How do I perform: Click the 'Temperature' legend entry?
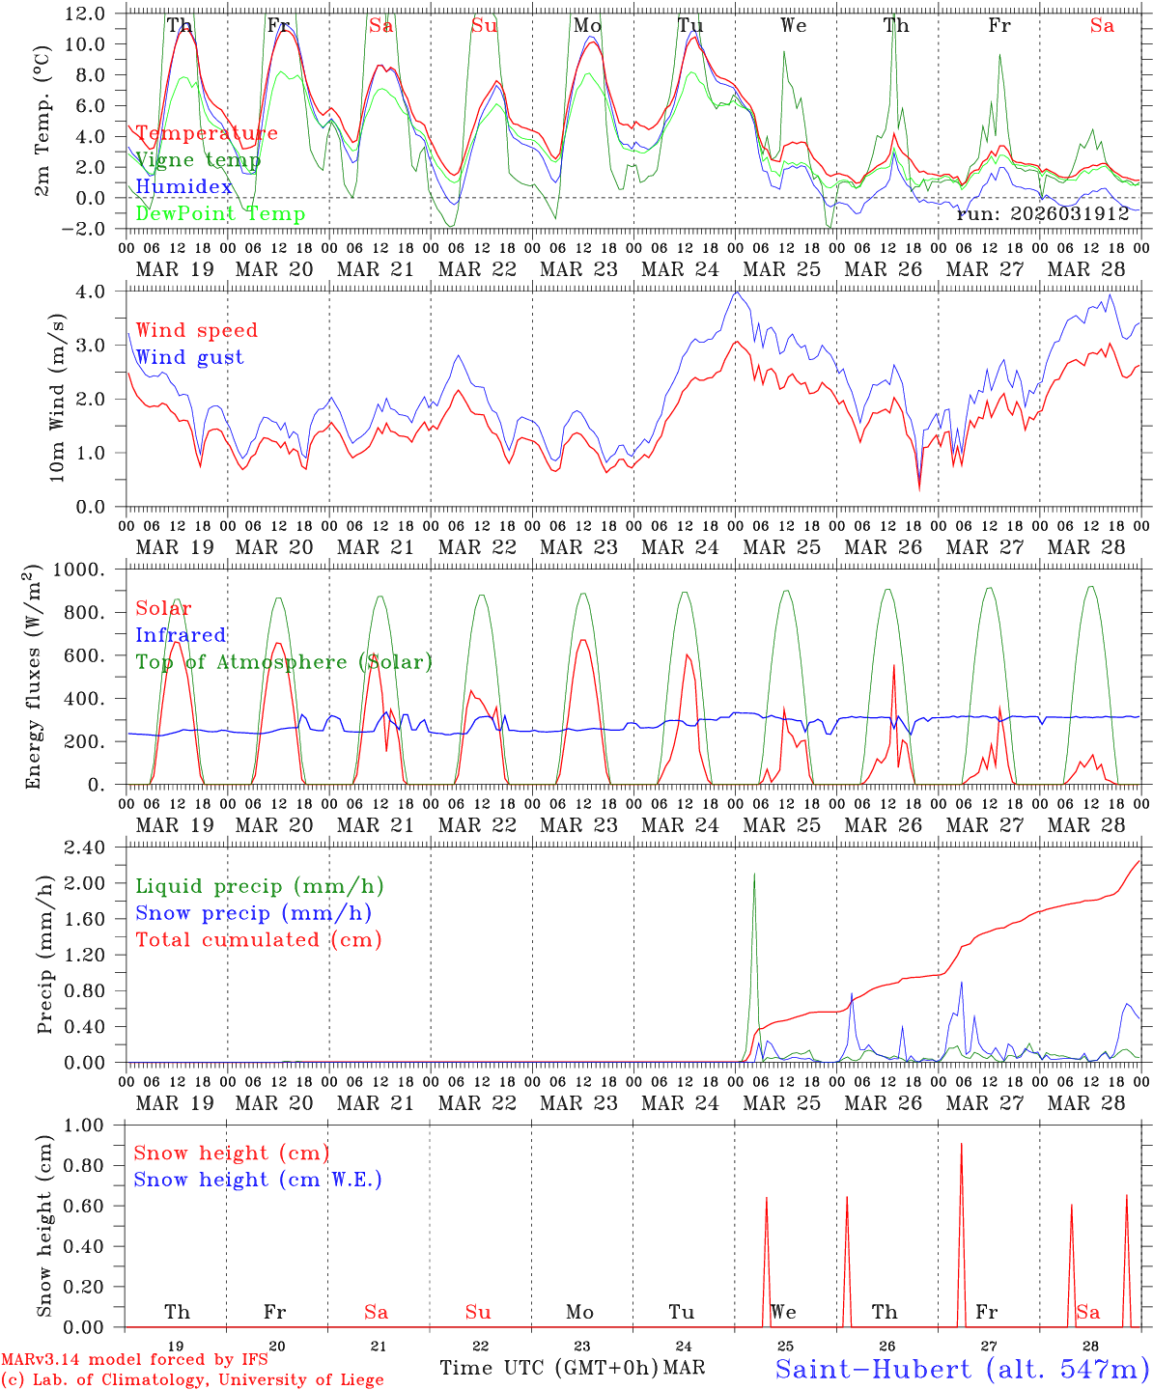(207, 133)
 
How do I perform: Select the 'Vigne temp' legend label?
(198, 160)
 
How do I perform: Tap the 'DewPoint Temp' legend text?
(220, 214)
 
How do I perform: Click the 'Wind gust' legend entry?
(189, 357)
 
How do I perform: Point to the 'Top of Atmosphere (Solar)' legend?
(284, 662)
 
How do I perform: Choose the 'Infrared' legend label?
(181, 635)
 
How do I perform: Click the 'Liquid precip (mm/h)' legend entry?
(259, 886)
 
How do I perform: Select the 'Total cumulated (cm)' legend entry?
(259, 939)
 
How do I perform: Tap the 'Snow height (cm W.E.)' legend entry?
(258, 1180)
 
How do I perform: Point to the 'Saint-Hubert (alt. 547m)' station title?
(962, 1369)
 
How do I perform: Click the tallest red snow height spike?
(961, 1145)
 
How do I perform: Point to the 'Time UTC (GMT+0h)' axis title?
(548, 1368)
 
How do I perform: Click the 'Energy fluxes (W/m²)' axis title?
(35, 676)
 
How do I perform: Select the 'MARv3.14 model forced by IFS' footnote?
(134, 1360)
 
